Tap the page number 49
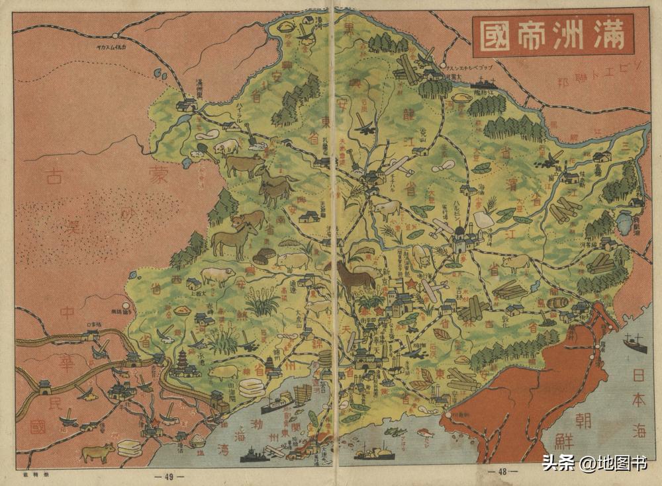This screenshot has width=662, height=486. (164, 475)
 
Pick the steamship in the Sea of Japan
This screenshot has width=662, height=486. (634, 343)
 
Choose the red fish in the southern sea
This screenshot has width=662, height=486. (423, 432)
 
